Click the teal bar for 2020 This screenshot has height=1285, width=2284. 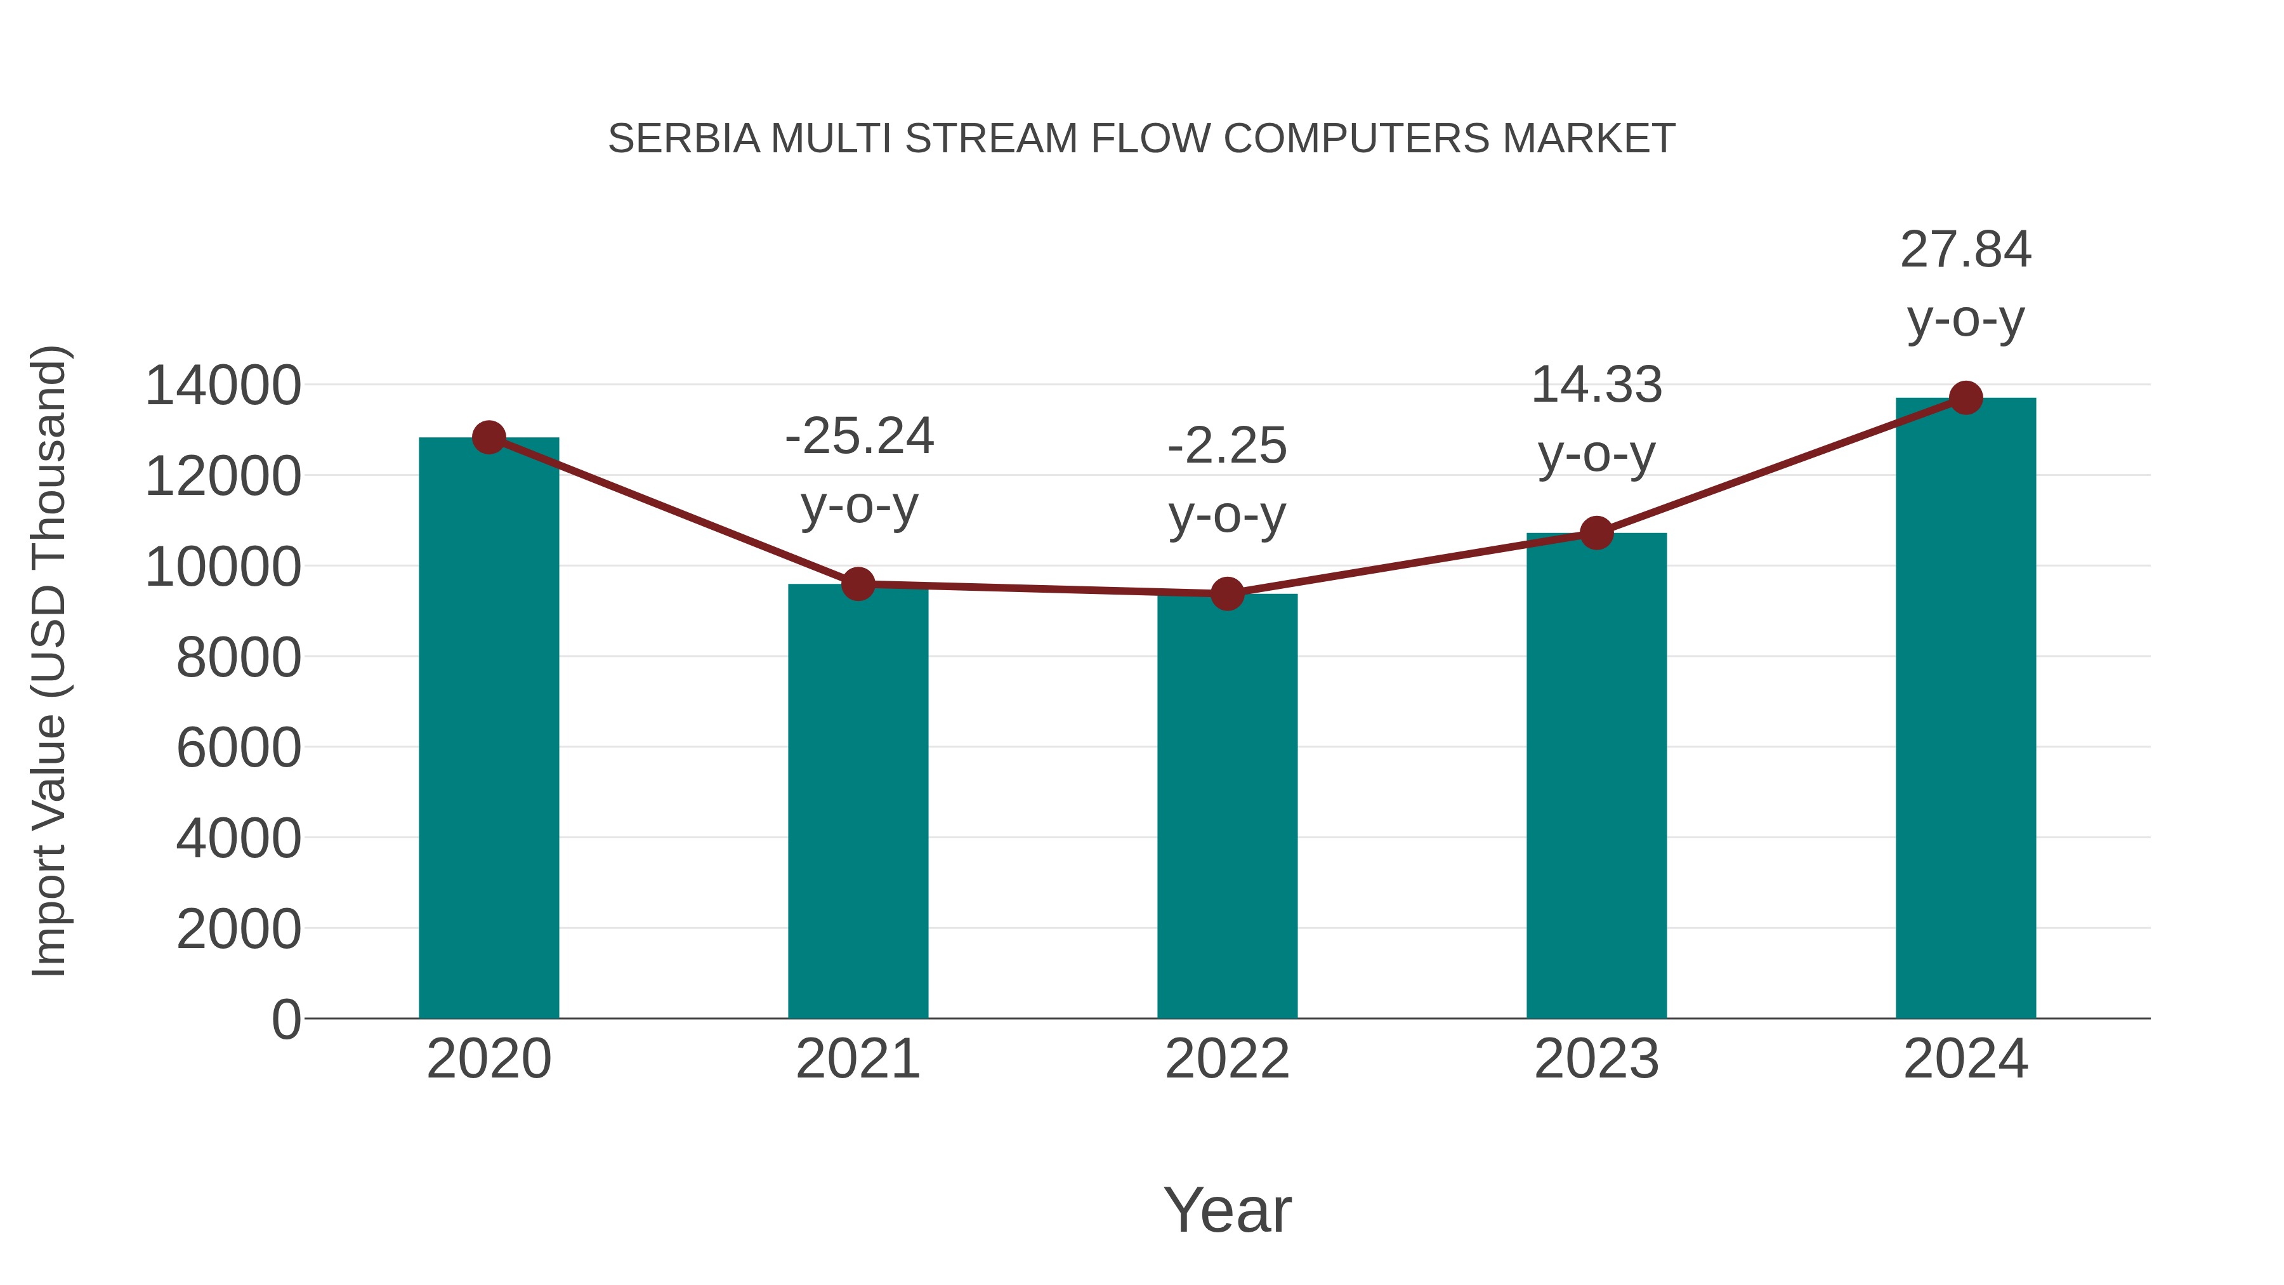[x=489, y=727]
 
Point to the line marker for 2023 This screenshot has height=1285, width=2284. [x=1596, y=533]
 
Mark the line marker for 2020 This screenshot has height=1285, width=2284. [x=489, y=437]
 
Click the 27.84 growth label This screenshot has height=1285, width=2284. [x=1966, y=250]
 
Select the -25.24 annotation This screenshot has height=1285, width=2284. [x=859, y=437]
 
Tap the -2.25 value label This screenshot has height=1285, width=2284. [x=1227, y=446]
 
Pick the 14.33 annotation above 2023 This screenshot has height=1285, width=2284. [x=1596, y=386]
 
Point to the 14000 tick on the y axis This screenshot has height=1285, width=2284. [x=223, y=386]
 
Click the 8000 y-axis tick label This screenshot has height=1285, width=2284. [x=239, y=658]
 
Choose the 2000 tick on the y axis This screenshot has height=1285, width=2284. [x=239, y=930]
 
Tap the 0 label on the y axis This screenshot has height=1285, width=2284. [x=285, y=1020]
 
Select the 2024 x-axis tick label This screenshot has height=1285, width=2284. [x=1966, y=1059]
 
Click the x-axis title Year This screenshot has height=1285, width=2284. [x=1227, y=1209]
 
